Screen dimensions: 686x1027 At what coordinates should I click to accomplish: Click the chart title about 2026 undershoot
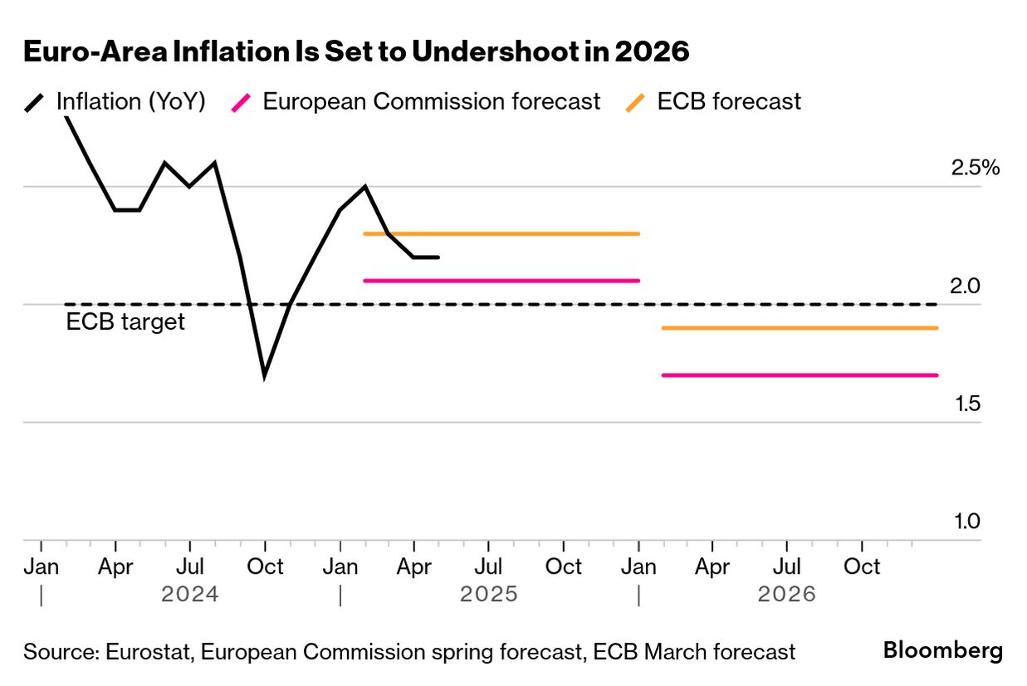[356, 51]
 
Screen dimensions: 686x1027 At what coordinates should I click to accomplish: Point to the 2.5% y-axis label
[975, 168]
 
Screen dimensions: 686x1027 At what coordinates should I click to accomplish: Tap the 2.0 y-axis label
[966, 287]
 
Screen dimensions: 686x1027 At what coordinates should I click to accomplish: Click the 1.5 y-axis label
[966, 404]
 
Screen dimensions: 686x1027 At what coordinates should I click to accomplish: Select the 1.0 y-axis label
[966, 522]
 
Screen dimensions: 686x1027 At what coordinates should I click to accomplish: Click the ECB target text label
[125, 322]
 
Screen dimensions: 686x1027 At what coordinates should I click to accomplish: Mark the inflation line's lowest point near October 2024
[264, 375]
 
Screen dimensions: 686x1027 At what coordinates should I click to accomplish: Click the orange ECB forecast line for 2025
[501, 233]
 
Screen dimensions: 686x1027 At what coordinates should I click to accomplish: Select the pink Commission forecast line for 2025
[501, 281]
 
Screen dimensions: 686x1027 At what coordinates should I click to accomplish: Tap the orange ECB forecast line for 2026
[800, 328]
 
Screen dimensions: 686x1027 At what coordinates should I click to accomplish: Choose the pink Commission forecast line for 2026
[800, 375]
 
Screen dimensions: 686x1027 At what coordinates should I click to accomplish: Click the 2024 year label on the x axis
[190, 595]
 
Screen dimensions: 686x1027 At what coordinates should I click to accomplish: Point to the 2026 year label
[786, 595]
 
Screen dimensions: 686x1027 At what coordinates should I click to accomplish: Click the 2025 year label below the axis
[489, 595]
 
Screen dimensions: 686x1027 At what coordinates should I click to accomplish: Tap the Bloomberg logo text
[942, 650]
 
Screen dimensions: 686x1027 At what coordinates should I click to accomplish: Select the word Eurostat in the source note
[150, 653]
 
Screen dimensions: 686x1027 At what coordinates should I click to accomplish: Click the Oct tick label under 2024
[266, 567]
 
